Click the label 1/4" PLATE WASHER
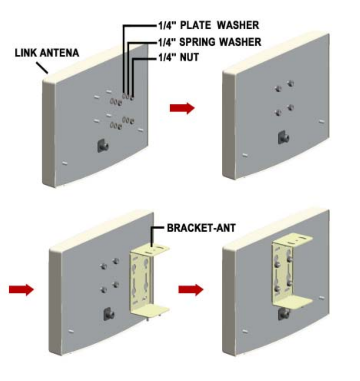[x=208, y=25]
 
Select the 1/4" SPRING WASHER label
[x=210, y=41]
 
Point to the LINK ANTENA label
[x=47, y=53]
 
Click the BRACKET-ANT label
[x=200, y=229]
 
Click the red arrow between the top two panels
[x=182, y=108]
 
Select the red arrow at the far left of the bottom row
[x=21, y=290]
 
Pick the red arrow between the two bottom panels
[x=190, y=290]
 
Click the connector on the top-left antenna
[x=103, y=146]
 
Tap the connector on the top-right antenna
[x=284, y=137]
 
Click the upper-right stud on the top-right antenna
[x=291, y=83]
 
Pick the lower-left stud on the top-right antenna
[x=278, y=112]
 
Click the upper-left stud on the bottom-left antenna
[x=102, y=266]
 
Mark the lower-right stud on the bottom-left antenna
[x=115, y=284]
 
